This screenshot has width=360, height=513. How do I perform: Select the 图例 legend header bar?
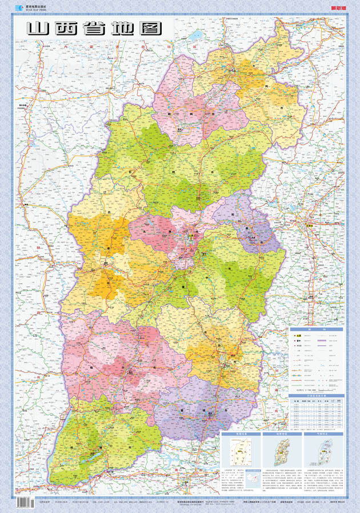317,330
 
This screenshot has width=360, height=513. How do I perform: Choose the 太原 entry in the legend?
298,335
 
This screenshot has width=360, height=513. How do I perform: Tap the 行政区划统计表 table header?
317,396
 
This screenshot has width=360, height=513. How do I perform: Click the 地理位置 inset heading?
239,435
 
